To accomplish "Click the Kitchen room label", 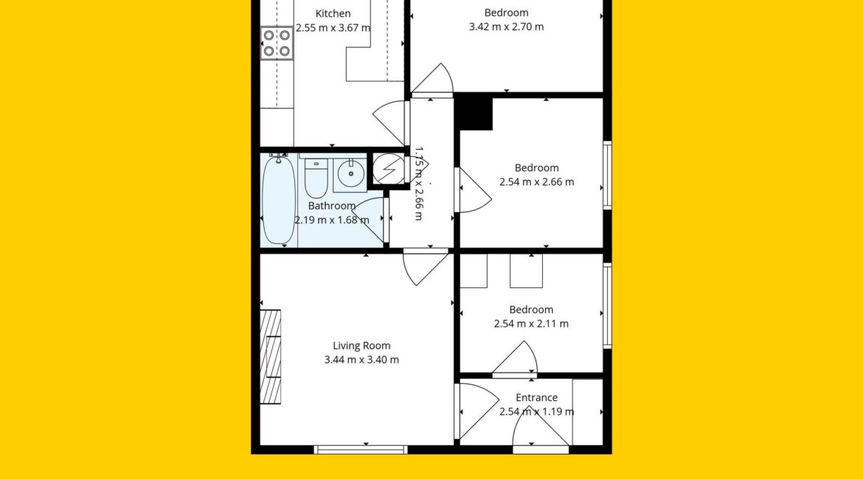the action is (x=333, y=14).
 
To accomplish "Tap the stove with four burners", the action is (x=277, y=43).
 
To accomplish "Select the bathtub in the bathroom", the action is (x=279, y=199).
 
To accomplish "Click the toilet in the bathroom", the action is (x=316, y=178).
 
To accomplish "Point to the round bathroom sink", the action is (x=350, y=175).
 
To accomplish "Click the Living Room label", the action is (x=361, y=346).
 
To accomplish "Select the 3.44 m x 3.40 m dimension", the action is (x=361, y=360).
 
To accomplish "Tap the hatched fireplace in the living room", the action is (x=270, y=357).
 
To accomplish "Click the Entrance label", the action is (x=537, y=398).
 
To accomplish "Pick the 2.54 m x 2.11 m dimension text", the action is (x=531, y=324).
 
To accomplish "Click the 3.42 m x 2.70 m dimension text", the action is (x=506, y=27).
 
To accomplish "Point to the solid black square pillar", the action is (x=474, y=113).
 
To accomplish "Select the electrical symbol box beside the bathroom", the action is (x=389, y=168).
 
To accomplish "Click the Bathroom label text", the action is (x=332, y=206).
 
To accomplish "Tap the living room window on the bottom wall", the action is (x=361, y=450).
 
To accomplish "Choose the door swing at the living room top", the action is (x=425, y=267).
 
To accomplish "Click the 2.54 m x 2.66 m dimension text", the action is (x=537, y=182).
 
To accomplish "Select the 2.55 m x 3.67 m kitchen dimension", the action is (x=333, y=28).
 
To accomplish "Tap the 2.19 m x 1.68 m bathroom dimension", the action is (x=332, y=220).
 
